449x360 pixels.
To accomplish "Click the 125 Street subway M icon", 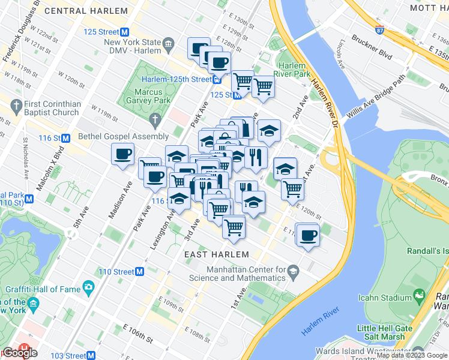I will click(x=125, y=32).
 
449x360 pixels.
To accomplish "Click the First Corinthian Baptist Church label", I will click(x=52, y=108).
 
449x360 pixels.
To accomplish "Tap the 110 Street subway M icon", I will click(x=139, y=271).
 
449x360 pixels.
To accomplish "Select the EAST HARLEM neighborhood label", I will click(x=208, y=255).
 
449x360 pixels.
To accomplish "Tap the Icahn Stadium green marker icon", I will click(x=418, y=297).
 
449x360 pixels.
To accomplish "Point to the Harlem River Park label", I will click(x=294, y=70).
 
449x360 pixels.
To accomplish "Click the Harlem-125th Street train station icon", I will click(x=217, y=79).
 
